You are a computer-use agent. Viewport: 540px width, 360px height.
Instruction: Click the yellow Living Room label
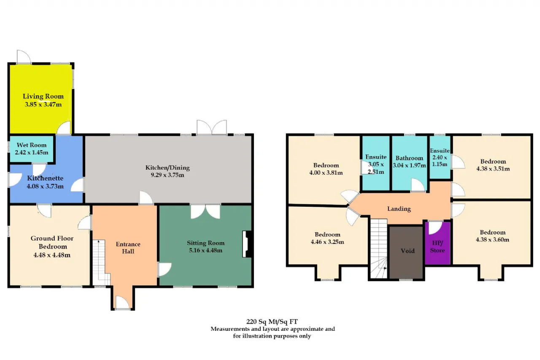pos(43,96)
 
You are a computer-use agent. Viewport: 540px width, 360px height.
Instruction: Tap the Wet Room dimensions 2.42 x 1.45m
pos(32,152)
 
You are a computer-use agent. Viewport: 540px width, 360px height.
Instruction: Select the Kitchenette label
pos(45,178)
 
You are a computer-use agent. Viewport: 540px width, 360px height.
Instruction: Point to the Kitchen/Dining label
pos(167,168)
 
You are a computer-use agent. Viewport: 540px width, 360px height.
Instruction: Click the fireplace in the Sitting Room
pos(247,244)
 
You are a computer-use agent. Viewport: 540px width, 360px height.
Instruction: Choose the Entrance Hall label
pos(128,248)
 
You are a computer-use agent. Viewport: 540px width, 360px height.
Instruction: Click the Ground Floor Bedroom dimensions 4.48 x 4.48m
pos(52,255)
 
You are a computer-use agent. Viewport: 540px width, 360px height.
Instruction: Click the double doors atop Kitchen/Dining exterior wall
pos(212,127)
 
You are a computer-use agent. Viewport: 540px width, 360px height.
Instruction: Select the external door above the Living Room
pos(24,57)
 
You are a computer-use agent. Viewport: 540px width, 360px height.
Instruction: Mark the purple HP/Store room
pos(437,243)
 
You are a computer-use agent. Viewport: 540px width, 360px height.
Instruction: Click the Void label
pos(408,251)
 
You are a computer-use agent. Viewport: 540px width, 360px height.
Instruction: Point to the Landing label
pos(399,208)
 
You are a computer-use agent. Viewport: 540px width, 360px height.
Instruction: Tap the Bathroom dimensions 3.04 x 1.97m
pos(409,165)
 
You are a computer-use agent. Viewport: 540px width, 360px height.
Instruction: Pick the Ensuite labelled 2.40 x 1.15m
pos(440,157)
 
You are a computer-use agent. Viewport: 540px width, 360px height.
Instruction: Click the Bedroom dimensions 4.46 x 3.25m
pos(327,242)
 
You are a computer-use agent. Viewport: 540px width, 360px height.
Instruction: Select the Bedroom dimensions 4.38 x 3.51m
pos(493,169)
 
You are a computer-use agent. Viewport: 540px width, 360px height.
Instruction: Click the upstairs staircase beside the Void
pos(379,249)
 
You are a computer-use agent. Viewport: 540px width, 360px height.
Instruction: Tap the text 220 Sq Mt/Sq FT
pos(272,322)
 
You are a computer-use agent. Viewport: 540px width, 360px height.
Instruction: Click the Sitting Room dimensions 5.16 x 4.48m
pos(205,250)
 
